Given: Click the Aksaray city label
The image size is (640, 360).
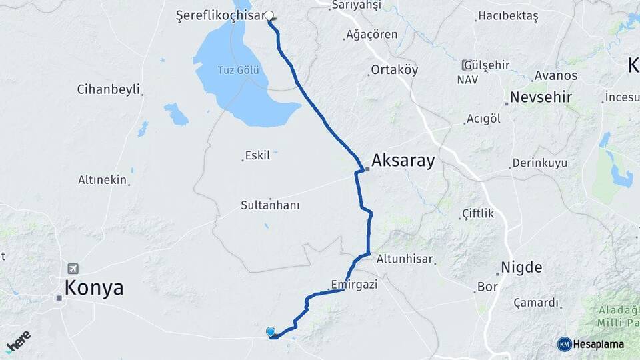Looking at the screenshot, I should click(x=403, y=161).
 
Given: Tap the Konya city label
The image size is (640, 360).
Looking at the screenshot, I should click(x=94, y=288).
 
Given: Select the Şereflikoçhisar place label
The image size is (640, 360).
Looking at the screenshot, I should click(x=220, y=15).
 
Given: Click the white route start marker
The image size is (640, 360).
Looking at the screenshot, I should click(x=269, y=15).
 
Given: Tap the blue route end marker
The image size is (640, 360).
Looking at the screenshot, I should click(x=271, y=332).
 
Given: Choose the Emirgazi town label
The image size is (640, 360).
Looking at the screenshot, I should click(x=354, y=285).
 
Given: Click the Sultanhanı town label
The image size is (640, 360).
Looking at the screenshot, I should click(x=270, y=205).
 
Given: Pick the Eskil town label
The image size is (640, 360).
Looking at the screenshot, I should click(x=258, y=155).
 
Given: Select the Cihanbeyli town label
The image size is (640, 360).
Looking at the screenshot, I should click(x=108, y=89).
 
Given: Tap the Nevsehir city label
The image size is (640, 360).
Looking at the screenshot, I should click(x=541, y=97).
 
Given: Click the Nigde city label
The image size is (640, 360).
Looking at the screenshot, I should click(x=522, y=267).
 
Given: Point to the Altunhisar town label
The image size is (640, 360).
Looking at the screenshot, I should click(x=405, y=259).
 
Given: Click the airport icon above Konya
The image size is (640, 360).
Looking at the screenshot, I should click(x=73, y=269).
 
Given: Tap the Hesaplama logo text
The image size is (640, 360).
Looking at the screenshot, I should click(x=598, y=344).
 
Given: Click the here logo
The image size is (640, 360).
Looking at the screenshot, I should click(x=19, y=341).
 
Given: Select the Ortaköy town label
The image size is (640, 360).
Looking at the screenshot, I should click(x=394, y=69).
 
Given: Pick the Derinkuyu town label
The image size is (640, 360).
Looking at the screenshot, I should click(x=539, y=163).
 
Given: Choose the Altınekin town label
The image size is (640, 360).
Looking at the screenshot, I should click(x=102, y=179).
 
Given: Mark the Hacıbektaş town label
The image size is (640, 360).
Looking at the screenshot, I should click(x=508, y=16).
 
